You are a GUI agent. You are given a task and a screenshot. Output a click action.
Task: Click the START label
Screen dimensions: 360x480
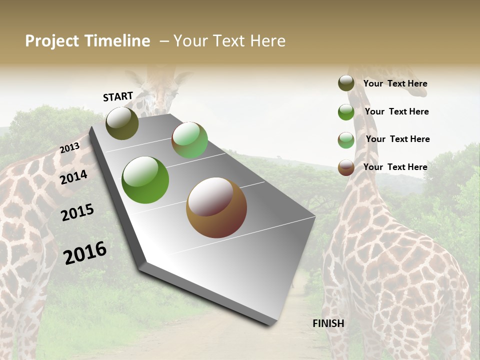(x=118, y=96)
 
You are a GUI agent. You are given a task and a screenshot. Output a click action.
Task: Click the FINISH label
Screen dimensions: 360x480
(x=328, y=323)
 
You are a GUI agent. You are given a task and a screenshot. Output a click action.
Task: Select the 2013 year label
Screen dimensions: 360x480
(x=69, y=148)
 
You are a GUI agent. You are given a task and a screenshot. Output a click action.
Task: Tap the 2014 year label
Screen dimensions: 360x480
(x=74, y=177)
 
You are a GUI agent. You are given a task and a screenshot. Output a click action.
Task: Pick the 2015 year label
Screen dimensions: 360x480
(x=77, y=212)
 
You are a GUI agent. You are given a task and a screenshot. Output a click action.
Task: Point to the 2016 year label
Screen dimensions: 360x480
(x=85, y=253)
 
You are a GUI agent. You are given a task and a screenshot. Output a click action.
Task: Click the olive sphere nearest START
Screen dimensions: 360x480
(x=122, y=123)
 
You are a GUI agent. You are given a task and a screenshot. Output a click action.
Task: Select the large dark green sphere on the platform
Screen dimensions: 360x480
(x=145, y=180)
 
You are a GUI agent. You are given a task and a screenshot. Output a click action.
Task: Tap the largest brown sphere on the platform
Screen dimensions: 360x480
(x=216, y=207)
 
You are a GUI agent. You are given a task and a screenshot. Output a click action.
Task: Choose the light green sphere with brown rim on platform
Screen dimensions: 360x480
(x=189, y=140)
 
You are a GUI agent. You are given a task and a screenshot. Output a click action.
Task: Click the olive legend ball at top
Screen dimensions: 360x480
(x=346, y=83)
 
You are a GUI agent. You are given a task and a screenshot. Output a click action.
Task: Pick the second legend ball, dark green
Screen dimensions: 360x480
(x=346, y=112)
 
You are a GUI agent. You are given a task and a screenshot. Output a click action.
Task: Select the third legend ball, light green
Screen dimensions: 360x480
(x=346, y=140)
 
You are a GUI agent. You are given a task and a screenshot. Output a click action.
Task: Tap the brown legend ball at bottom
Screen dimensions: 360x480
(x=346, y=167)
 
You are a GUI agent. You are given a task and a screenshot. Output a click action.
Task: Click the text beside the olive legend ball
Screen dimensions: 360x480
(x=395, y=84)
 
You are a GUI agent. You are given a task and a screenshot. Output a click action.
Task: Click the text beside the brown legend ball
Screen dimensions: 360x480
(x=395, y=167)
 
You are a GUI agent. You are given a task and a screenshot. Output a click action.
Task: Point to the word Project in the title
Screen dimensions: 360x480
(x=52, y=41)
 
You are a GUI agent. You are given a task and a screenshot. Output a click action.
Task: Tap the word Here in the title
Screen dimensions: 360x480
(x=267, y=41)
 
